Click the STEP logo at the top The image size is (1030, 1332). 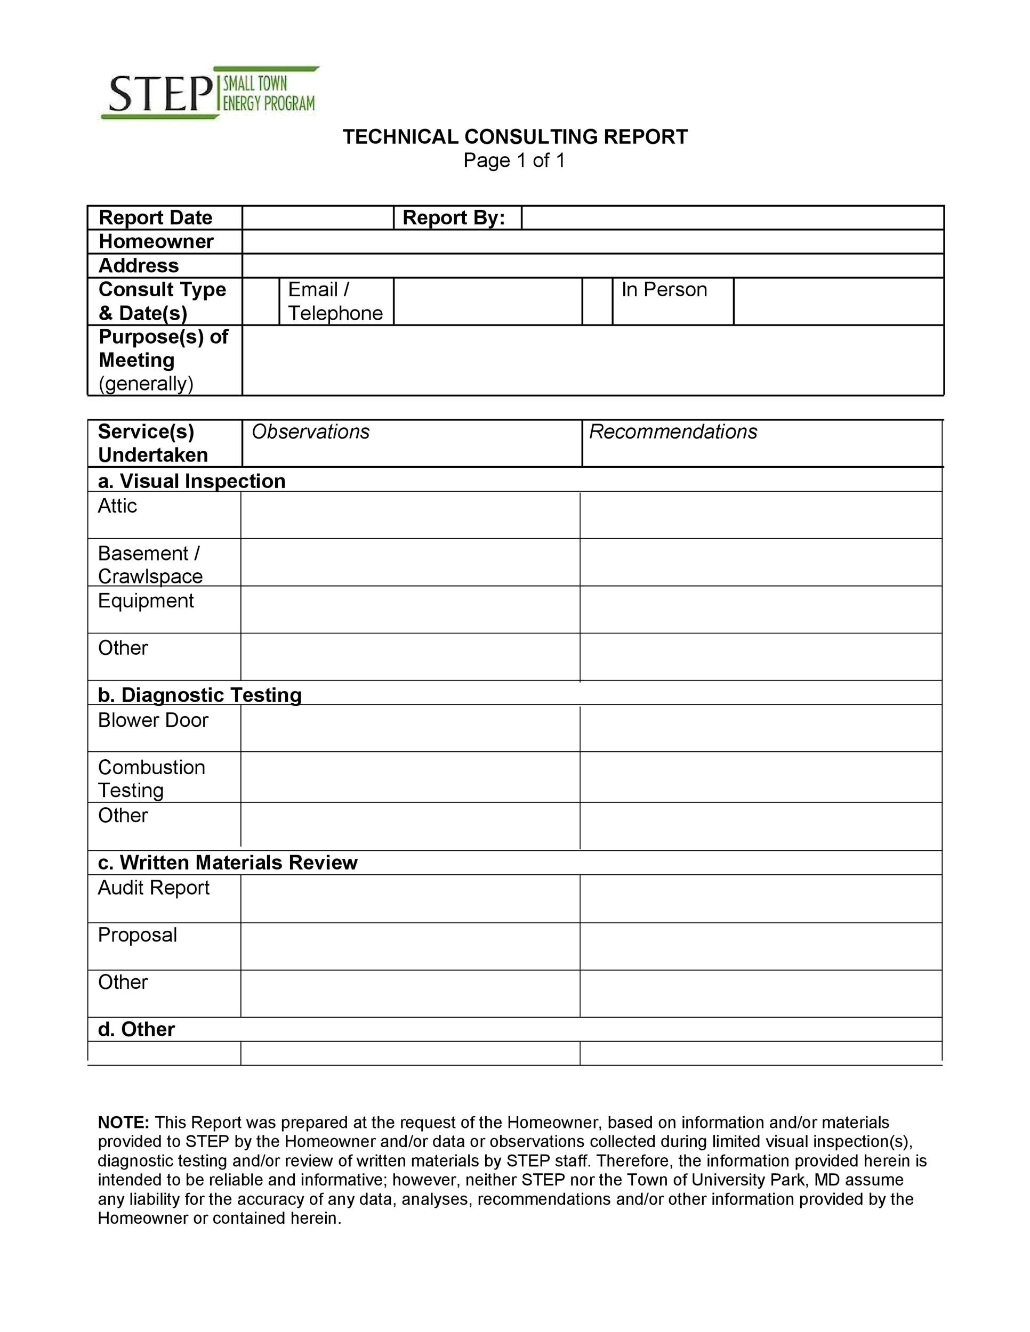(x=210, y=93)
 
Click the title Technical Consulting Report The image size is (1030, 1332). (x=514, y=136)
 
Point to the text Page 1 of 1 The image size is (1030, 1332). (x=514, y=160)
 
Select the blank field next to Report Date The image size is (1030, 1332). (x=317, y=218)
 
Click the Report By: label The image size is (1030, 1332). (x=453, y=218)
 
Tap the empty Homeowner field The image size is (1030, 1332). (x=592, y=241)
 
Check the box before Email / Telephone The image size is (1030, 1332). (x=261, y=301)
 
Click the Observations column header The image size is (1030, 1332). (x=311, y=432)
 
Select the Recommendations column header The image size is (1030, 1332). (x=672, y=432)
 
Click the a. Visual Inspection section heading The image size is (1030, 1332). (x=191, y=481)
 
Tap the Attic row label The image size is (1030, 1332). (x=117, y=506)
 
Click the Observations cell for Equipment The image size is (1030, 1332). (x=410, y=610)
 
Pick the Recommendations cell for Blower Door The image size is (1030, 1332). (x=760, y=728)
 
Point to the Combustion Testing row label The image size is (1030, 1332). (x=151, y=778)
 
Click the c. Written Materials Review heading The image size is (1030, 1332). (x=228, y=863)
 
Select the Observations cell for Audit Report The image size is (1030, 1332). (x=410, y=898)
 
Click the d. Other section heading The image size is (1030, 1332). (x=136, y=1029)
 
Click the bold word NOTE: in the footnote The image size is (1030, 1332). (x=123, y=1122)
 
